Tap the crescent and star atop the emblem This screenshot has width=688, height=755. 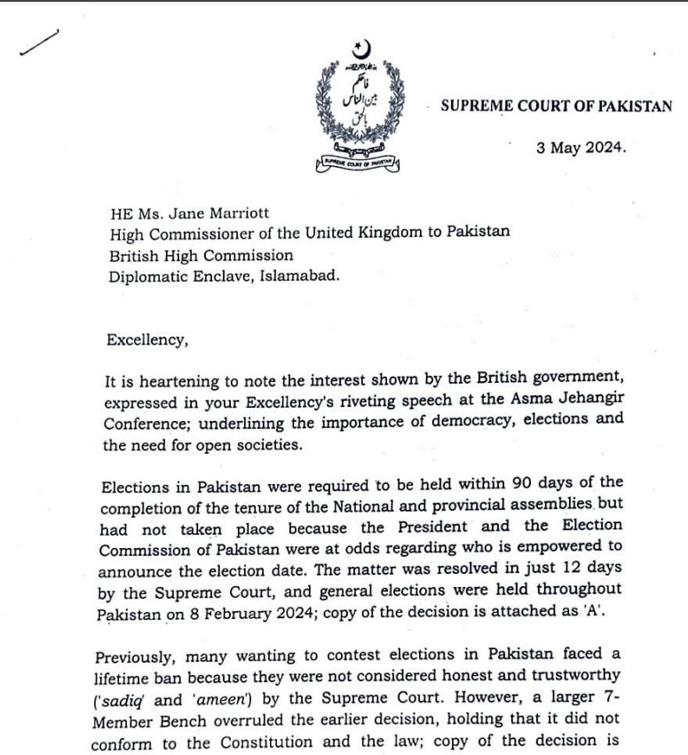point(360,50)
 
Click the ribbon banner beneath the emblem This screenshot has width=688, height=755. point(358,163)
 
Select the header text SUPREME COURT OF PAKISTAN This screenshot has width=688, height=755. point(557,106)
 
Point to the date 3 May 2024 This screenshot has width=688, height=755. point(581,148)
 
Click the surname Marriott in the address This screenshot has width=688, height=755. point(233,214)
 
